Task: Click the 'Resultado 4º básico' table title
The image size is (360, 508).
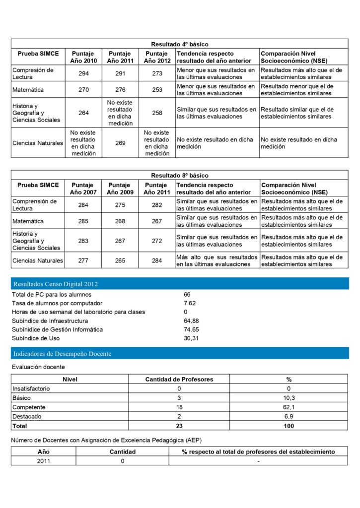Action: pos(180,44)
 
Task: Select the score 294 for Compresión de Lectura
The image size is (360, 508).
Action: pos(84,73)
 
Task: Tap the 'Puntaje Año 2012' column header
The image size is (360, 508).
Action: pos(156,57)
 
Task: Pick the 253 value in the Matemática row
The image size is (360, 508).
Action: pos(157,90)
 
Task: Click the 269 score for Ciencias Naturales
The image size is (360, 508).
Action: pos(120,143)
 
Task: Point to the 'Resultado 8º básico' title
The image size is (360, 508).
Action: pos(180,176)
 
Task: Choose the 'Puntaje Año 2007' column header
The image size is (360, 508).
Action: pos(83,189)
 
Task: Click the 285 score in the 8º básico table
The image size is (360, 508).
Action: pos(83,221)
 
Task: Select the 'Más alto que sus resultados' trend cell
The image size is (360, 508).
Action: pos(216,260)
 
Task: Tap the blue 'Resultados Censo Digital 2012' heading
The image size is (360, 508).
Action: pos(56,284)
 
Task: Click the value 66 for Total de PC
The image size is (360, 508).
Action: pos(187,295)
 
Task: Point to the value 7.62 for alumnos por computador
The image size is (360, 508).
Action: pos(189,303)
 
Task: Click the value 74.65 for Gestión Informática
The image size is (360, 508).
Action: pos(191,329)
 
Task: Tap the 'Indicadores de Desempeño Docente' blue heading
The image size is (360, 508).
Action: pos(62,354)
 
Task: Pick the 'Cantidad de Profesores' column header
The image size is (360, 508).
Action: pos(179,380)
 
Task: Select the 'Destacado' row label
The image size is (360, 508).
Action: pos(27,416)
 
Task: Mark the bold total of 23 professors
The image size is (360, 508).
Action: pos(179,426)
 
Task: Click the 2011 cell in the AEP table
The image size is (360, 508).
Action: pos(43,461)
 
